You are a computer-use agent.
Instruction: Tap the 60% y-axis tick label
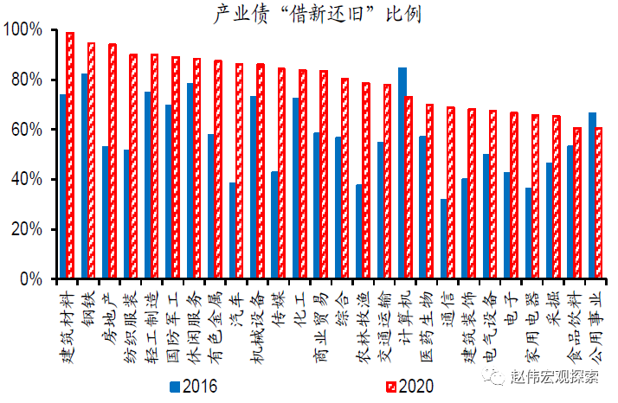pyautogui.click(x=25, y=130)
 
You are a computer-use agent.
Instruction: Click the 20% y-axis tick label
pyautogui.click(x=25, y=229)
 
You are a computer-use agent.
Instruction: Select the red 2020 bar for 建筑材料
pyautogui.click(x=70, y=156)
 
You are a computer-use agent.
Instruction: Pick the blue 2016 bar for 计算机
pyautogui.click(x=402, y=173)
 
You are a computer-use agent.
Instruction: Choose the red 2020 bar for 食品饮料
pyautogui.click(x=577, y=203)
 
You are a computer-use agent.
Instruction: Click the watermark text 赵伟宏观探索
pyautogui.click(x=554, y=375)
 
